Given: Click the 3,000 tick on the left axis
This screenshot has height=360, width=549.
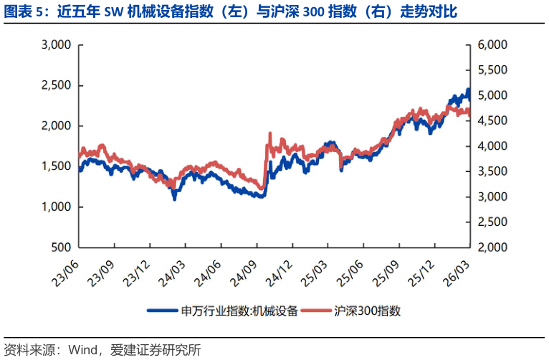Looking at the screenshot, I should click(55, 45).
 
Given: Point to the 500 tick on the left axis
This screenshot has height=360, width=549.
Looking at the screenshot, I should click(61, 247).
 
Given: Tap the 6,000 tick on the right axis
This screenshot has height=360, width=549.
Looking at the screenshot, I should click(492, 45).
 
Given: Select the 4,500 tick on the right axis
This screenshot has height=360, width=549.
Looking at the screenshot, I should click(492, 121).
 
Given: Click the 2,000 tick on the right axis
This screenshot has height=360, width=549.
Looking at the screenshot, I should click(492, 247).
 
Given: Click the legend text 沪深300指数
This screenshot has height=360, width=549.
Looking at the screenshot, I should click(367, 311).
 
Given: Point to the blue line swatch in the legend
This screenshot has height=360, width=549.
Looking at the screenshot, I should click(163, 311).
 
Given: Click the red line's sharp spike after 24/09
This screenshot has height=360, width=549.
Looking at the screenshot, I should click(269, 133).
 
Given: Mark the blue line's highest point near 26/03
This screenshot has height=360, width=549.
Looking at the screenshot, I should click(469, 90).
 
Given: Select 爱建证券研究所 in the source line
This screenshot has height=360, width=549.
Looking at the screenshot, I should click(156, 350).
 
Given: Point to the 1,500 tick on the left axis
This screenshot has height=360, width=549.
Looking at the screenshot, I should click(55, 166).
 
